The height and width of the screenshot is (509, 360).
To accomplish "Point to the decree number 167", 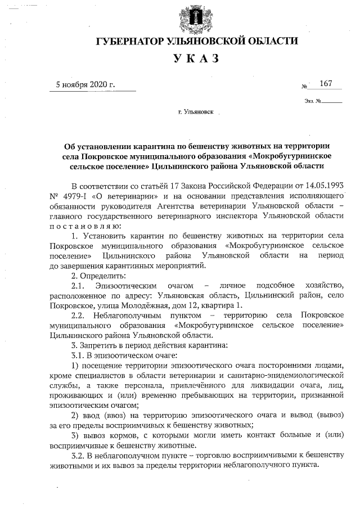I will click(326, 84).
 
